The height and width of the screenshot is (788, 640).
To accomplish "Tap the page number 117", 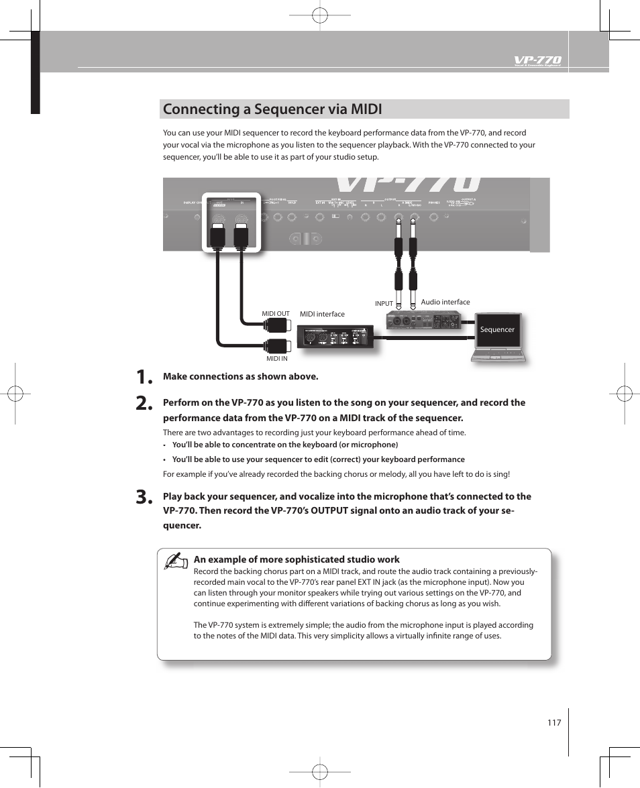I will pos(553,722).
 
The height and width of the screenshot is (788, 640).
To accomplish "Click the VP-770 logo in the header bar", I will pos(537,60).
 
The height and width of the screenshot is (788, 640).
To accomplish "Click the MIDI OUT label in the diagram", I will pos(275,314).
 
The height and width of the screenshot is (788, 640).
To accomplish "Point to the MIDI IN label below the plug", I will pos(276,359).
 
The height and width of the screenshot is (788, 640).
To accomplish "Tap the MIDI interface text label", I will pos(322,314).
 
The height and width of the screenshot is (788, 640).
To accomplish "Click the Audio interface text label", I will pos(445,302).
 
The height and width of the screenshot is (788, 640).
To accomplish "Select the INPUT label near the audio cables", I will pos(384,304).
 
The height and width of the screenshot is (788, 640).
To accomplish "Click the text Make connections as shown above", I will pos(240,376).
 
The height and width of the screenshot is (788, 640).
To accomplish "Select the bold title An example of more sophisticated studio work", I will pos(297,559).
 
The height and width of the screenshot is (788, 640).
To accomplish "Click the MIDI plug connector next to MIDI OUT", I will pos(276,325).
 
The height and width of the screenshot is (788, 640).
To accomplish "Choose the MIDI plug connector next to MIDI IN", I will pos(276,346).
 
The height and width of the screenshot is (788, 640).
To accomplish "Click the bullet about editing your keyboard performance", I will pos(318,459).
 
